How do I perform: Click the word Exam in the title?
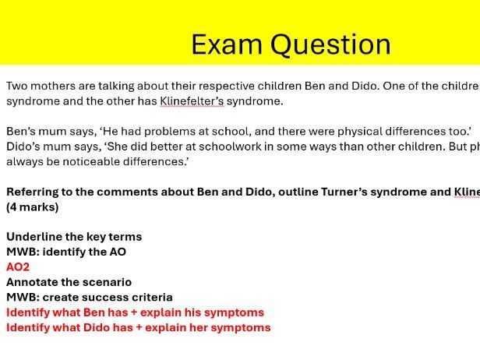pyautogui.click(x=227, y=44)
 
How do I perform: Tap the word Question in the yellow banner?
pyautogui.click(x=330, y=45)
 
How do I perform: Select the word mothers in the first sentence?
pyautogui.click(x=53, y=86)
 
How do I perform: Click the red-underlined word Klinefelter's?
pyautogui.click(x=192, y=101)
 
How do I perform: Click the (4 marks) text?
pyautogui.click(x=33, y=207)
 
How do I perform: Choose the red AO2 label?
pyautogui.click(x=18, y=267)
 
